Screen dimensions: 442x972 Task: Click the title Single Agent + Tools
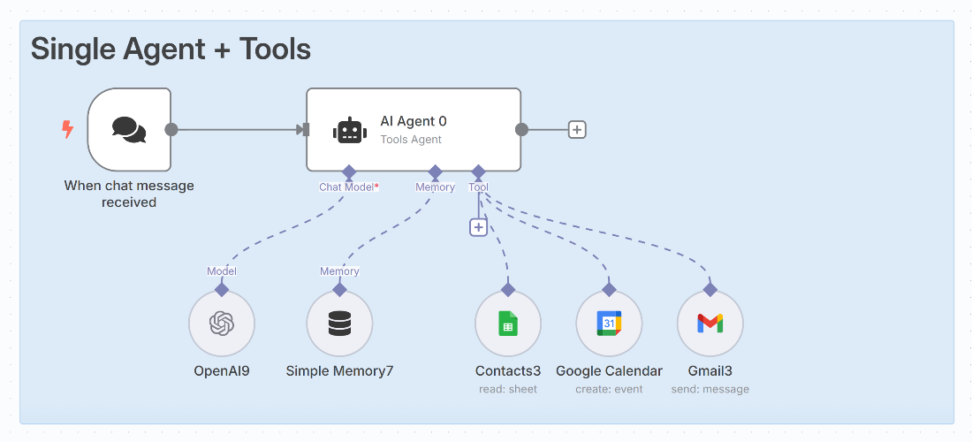point(171,49)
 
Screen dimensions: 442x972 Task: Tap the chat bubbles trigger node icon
point(129,130)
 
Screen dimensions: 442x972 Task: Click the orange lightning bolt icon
point(67,130)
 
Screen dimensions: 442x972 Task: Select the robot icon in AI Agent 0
point(350,131)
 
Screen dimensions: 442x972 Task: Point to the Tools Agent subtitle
point(411,140)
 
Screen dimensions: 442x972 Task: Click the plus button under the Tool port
point(478,227)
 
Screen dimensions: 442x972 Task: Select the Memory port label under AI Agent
point(435,187)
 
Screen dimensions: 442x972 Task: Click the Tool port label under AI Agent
point(478,187)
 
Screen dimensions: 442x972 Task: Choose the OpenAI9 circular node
point(222,324)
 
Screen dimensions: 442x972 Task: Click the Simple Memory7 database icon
point(339,324)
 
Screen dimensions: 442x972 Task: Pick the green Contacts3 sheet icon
point(507,324)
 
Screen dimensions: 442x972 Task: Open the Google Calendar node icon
point(609,324)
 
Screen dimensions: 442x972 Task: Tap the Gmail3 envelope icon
point(710,324)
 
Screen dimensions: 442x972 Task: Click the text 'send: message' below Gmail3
point(710,389)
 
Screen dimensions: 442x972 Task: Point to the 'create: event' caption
point(609,389)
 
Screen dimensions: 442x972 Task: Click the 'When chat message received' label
point(129,194)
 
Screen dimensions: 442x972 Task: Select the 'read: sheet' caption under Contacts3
point(507,389)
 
